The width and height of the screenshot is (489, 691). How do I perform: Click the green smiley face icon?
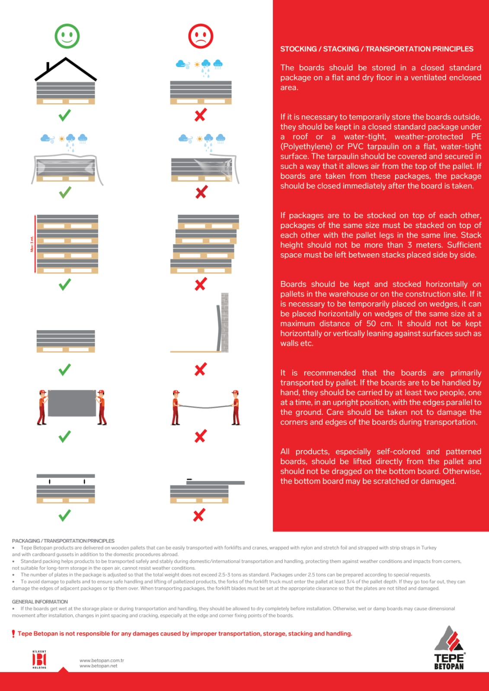click(x=67, y=36)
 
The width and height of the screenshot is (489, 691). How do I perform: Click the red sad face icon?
click(x=201, y=36)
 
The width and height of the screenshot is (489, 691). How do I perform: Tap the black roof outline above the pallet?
click(x=66, y=69)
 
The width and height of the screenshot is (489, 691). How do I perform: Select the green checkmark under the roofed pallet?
click(x=65, y=115)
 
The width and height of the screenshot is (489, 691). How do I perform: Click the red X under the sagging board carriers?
click(x=200, y=436)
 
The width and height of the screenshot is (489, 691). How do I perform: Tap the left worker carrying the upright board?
click(x=42, y=407)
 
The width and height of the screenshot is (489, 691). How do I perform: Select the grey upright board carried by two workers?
click(x=72, y=403)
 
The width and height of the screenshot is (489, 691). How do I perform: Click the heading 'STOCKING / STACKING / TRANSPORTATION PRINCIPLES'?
click(x=377, y=49)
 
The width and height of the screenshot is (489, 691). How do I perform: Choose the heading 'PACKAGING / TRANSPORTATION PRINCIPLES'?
click(x=63, y=541)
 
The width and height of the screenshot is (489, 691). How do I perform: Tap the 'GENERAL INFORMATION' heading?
click(x=40, y=602)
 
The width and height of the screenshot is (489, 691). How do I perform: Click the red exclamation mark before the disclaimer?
click(x=13, y=634)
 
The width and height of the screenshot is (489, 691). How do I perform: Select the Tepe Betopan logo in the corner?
click(x=449, y=648)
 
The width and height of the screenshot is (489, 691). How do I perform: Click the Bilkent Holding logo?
click(x=39, y=659)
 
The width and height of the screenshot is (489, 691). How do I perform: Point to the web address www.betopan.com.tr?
click(x=102, y=660)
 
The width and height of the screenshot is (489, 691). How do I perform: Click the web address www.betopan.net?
click(x=99, y=666)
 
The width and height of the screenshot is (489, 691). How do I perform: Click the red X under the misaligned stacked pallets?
click(x=200, y=284)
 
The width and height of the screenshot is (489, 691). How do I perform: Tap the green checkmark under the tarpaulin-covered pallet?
click(x=65, y=192)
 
